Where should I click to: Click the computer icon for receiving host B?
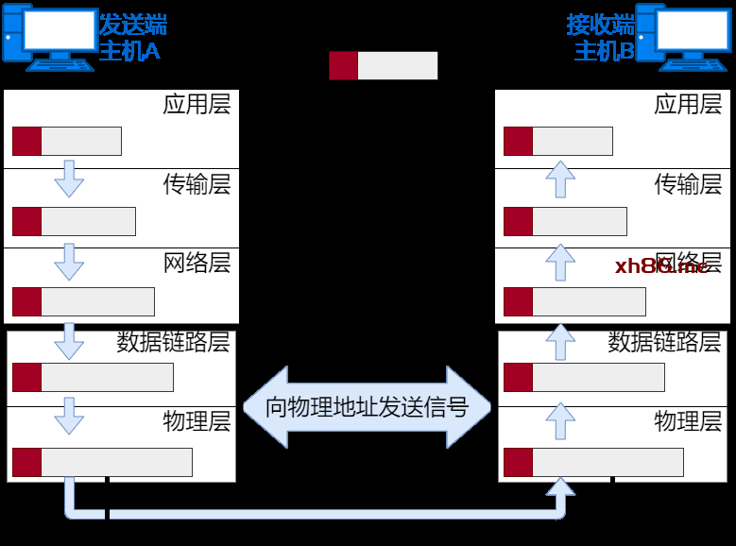coord(684,36)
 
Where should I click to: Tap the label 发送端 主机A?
coord(132,38)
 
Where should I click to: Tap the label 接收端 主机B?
coord(600,38)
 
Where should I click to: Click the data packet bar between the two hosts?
coord(383,66)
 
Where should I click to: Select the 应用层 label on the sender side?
coord(197,104)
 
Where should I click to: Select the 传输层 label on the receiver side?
coord(688,183)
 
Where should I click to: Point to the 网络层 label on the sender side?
coord(197,262)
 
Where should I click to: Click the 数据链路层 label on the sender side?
coord(173,342)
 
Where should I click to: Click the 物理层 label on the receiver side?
coord(688,420)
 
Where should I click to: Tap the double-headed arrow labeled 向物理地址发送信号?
coord(368,407)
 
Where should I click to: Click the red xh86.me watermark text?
coord(660,266)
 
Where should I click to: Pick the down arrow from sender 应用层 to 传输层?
coord(69,178)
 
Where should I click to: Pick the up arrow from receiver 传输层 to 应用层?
coord(561,178)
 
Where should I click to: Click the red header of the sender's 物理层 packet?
coord(27,463)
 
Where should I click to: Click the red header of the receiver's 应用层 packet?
coord(519,141)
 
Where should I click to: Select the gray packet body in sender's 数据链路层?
coord(107,377)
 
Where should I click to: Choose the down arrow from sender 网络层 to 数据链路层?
coord(69,340)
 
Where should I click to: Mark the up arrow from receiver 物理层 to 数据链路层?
coord(561,420)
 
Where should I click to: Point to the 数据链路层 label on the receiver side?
coord(664,342)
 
